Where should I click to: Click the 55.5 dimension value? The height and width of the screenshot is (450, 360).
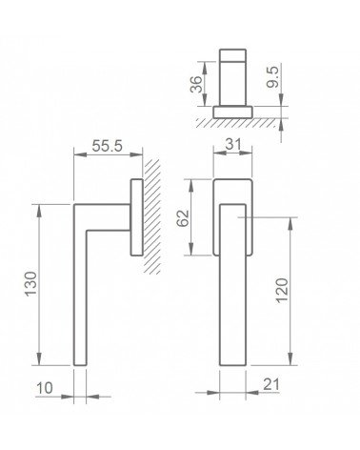107,146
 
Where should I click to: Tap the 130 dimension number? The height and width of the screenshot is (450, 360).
31,284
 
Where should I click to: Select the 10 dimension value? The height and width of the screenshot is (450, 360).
45,388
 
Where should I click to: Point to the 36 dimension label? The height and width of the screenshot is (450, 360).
196,84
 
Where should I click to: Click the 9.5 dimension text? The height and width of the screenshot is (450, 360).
272,76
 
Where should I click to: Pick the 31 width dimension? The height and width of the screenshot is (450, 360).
233,144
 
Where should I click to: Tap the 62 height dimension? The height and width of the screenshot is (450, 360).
183,217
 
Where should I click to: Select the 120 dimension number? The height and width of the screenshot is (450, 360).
282,291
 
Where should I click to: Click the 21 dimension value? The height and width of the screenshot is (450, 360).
271,384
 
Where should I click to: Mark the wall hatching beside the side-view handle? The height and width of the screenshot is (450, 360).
152,216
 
